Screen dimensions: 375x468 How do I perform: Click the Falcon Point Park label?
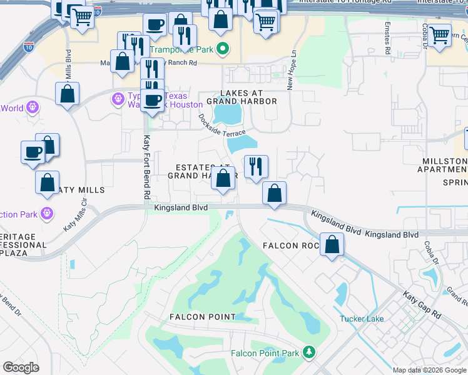265,353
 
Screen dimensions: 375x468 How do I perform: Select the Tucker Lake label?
362,319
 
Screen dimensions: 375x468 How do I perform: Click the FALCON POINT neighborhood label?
202,317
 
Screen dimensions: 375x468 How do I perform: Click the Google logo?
21,367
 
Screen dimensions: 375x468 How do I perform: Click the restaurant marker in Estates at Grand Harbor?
255,166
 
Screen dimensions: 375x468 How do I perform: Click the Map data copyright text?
429,370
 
